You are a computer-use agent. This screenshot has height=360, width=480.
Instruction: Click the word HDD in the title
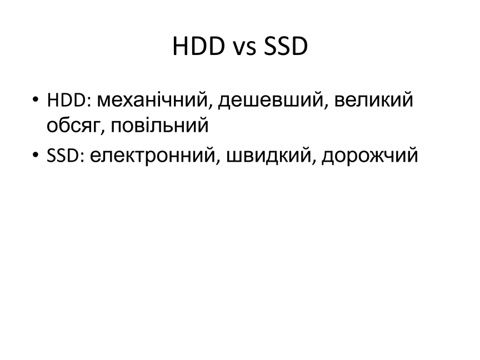(199, 46)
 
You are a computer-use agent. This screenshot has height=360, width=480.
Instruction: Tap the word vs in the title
(244, 49)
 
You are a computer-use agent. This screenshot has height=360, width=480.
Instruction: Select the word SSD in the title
(286, 46)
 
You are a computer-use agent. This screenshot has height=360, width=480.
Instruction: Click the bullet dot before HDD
(36, 99)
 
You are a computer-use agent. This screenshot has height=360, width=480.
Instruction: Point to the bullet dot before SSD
(36, 154)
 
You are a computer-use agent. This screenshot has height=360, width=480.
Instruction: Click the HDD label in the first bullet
(67, 100)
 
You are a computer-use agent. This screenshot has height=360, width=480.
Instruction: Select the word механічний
(152, 100)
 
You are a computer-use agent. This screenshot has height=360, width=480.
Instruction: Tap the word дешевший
(271, 101)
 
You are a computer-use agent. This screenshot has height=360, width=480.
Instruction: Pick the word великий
(374, 100)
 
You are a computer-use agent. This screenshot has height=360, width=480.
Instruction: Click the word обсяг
(73, 125)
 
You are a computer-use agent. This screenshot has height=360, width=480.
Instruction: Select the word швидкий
(268, 155)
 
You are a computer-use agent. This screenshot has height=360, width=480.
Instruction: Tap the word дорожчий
(370, 156)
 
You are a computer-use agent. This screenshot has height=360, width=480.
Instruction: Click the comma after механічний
(211, 106)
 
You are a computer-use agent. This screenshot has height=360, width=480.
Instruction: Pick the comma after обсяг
(103, 131)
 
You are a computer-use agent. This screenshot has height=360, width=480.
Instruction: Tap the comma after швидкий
(314, 161)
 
